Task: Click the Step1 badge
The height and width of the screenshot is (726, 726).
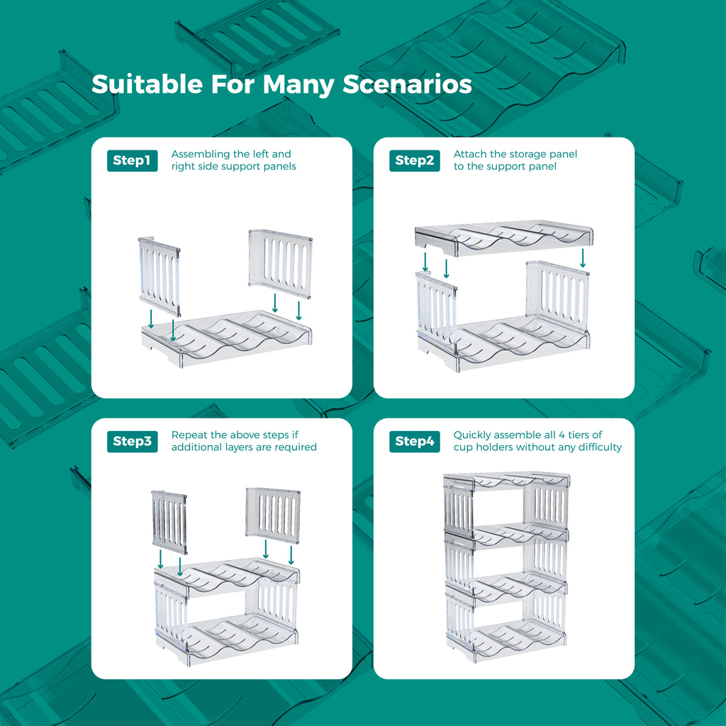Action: (132, 160)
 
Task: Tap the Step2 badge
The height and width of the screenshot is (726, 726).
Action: (414, 160)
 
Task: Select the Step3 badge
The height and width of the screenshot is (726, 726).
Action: (132, 441)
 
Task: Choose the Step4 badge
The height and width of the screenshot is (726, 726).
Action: (414, 441)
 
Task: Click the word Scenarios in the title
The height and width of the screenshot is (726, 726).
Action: (407, 84)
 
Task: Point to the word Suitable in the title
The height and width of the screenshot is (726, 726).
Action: (147, 84)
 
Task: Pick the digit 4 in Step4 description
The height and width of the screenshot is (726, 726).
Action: (562, 435)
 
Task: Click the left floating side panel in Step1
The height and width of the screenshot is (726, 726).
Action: (160, 277)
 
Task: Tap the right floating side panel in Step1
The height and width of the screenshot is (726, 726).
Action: (280, 264)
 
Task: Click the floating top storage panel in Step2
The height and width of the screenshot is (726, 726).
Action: (504, 238)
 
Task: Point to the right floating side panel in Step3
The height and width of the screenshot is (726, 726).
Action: (273, 515)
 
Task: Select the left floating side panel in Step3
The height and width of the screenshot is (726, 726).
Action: (169, 523)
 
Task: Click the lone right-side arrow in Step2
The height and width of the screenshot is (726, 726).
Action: (583, 258)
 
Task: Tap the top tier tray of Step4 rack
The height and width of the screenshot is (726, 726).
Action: (506, 481)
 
